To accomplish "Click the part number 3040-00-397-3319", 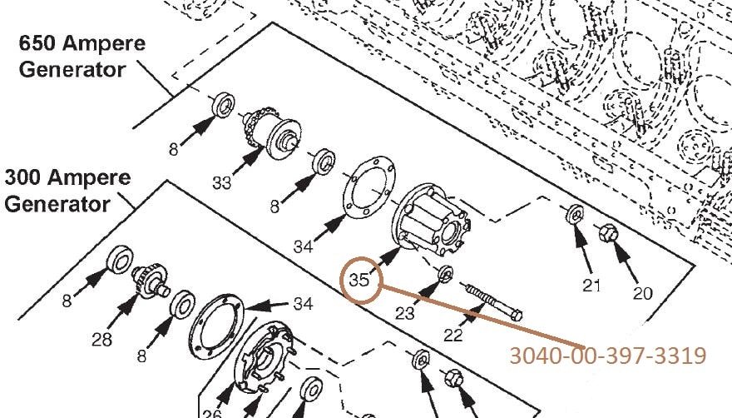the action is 607,356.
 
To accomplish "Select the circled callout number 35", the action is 359,280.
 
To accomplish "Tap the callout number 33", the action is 222,183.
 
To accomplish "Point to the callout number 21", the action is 591,285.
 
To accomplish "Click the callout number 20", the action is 643,293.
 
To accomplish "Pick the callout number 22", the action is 453,336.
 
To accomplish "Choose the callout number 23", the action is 405,313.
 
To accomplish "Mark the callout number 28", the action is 101,340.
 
